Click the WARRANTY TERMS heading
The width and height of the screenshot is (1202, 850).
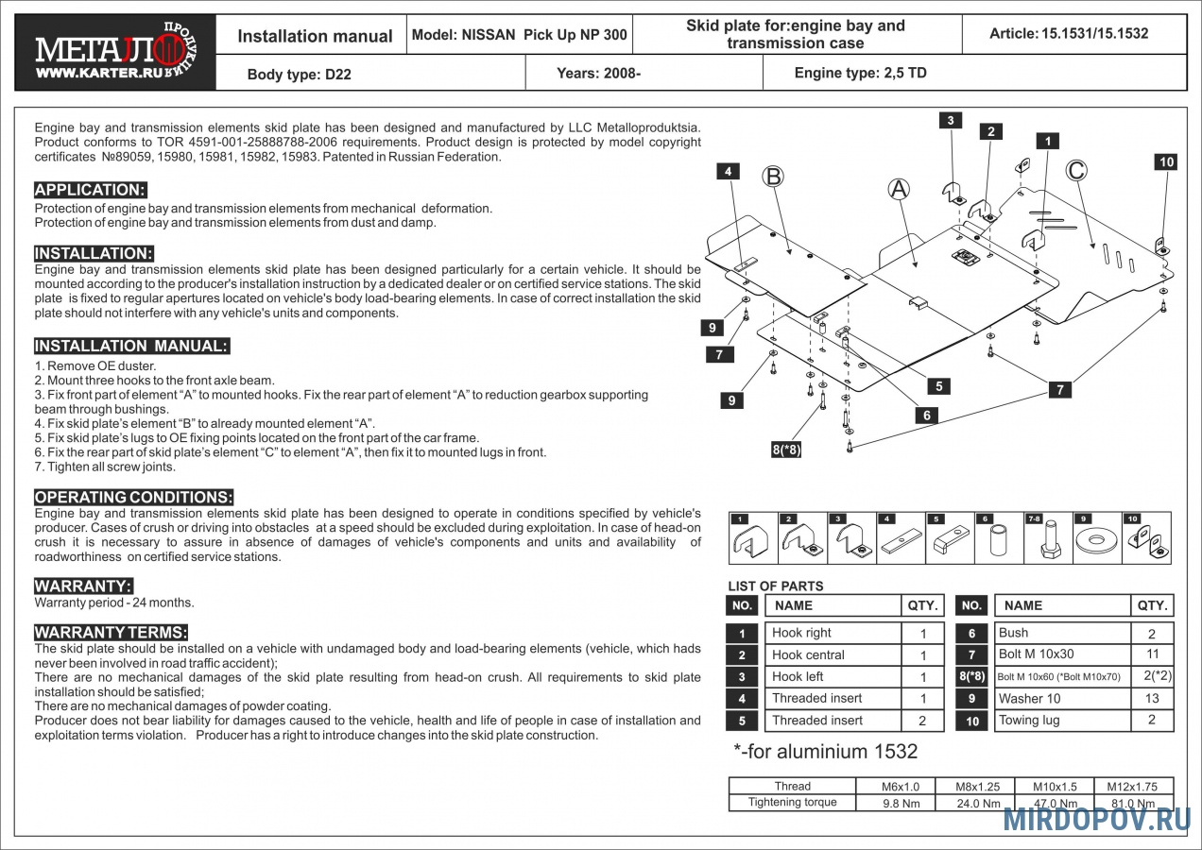pos(111,633)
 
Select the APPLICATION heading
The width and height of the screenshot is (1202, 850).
pos(90,190)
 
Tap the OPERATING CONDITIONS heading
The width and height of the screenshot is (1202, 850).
pos(133,498)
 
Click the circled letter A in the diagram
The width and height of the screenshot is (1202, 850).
pos(899,189)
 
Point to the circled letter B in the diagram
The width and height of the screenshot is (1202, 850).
pos(773,176)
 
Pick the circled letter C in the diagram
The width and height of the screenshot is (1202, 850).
pos(1075,170)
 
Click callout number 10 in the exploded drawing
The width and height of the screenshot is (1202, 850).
pos(1167,161)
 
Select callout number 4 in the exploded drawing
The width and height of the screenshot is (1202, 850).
pos(729,171)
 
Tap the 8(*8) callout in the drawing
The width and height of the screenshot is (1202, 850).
pos(786,450)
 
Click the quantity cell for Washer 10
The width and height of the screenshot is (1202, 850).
pos(1151,699)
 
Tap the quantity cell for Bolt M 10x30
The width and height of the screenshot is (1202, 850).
pos(1151,654)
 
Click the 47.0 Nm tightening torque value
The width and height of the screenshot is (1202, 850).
pos(1055,804)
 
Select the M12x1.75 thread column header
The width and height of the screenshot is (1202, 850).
pos(1134,786)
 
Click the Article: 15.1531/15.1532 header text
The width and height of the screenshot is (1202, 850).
pos(1069,34)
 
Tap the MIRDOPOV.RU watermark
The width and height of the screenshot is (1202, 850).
pos(1096,820)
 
